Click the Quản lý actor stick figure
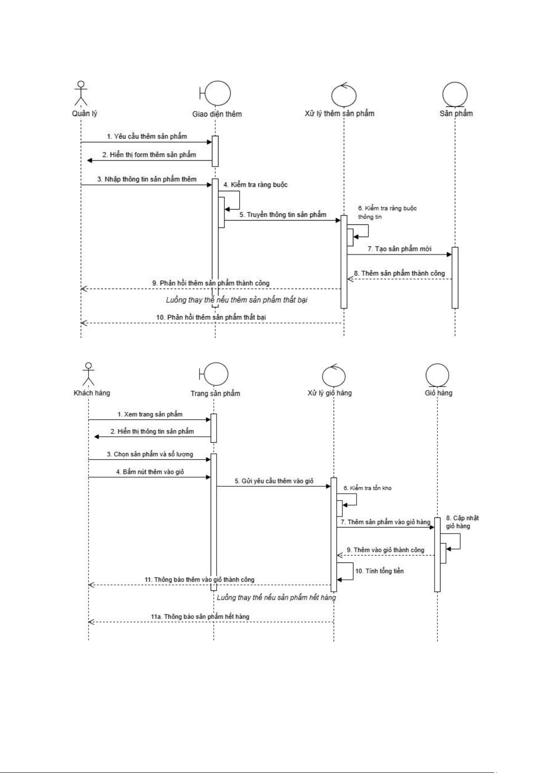tap(81, 93)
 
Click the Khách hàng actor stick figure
tap(89, 374)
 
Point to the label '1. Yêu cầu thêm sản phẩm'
tap(147, 136)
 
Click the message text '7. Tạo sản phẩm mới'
tap(399, 249)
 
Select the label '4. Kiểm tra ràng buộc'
tap(256, 184)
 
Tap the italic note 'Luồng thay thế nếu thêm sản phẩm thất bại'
tap(237, 300)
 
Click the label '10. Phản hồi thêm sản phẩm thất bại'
tap(211, 317)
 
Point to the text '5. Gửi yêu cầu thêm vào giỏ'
tap(274, 481)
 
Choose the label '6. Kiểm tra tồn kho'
tap(368, 488)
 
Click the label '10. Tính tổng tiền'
tap(380, 571)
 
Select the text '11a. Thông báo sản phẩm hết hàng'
tap(200, 616)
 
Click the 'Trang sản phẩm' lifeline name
tap(215, 394)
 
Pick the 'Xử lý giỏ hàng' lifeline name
tap(329, 393)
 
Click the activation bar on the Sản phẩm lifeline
tap(455, 278)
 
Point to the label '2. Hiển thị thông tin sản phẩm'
tap(152, 431)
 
